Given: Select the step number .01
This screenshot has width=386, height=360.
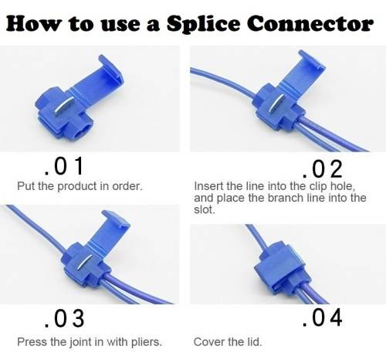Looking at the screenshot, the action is point(63,166).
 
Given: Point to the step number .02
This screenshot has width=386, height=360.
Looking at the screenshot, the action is point(323,168).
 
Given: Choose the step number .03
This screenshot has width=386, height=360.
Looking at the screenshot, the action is point(64,318).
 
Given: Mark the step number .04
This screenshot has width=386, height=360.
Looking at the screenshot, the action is point(323,318).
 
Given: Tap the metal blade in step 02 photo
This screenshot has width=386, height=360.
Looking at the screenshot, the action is point(276,103).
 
